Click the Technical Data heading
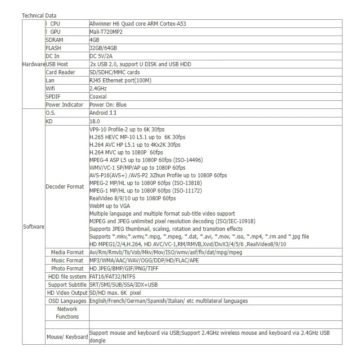click(x=40, y=16)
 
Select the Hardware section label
click(x=33, y=64)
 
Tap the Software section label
click(x=33, y=227)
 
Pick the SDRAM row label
click(x=54, y=40)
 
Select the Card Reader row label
click(x=60, y=72)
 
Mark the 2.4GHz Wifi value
click(x=99, y=89)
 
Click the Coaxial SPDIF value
click(x=98, y=97)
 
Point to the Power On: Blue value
click(x=108, y=105)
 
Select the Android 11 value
click(x=103, y=113)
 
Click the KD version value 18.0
click(x=94, y=121)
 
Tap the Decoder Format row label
click(x=65, y=187)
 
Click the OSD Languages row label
click(x=67, y=301)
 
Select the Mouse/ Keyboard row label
click(x=67, y=337)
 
